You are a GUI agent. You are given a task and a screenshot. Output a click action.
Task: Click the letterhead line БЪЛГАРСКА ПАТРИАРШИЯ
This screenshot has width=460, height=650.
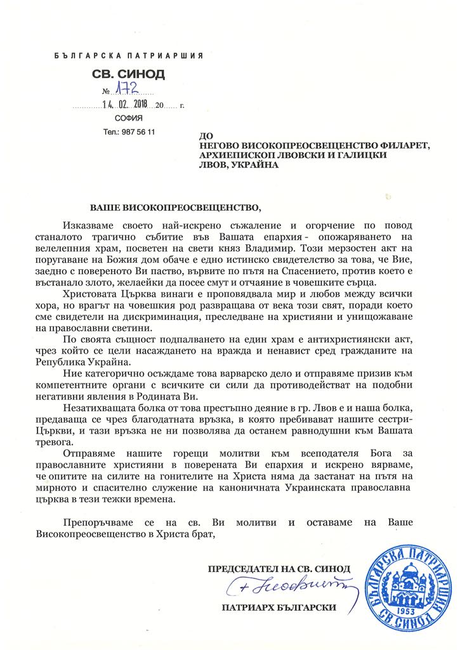pyautogui.click(x=129, y=56)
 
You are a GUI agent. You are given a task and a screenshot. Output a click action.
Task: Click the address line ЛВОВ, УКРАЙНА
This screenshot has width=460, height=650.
pyautogui.click(x=239, y=165)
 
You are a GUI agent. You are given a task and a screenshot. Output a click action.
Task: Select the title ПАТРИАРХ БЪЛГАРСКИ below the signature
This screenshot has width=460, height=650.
pyautogui.click(x=279, y=607)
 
